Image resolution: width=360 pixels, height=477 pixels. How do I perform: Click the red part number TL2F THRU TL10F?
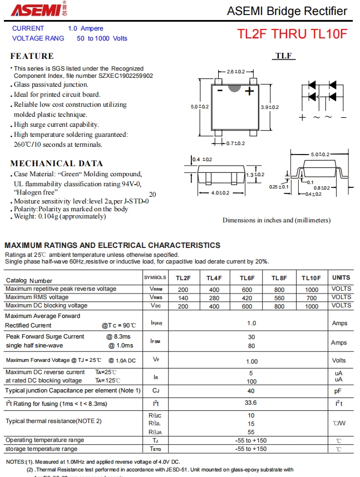tap(293, 33)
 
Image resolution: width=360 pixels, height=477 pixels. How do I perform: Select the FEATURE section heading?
tap(32, 56)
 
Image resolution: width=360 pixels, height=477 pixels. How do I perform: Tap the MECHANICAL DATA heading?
tap(56, 163)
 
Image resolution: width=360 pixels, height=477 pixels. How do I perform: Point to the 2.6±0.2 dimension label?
tap(235, 72)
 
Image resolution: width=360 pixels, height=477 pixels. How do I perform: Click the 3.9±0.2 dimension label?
tap(270, 107)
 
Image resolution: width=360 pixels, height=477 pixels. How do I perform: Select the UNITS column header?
tap(341, 277)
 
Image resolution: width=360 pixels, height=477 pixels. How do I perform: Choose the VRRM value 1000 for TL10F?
tap(312, 289)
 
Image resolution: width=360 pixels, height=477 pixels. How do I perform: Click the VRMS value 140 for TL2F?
tap(183, 297)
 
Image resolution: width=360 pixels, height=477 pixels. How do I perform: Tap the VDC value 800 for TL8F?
tap(279, 306)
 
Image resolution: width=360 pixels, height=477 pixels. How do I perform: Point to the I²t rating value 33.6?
tap(251, 404)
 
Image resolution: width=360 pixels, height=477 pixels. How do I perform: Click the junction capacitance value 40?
tap(251, 391)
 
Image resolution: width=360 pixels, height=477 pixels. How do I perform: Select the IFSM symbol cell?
tap(156, 341)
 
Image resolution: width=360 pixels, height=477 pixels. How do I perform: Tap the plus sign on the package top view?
tap(250, 91)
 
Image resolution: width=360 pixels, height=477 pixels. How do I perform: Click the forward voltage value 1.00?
tap(251, 361)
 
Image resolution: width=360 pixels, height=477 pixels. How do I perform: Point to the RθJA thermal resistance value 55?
tap(251, 431)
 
